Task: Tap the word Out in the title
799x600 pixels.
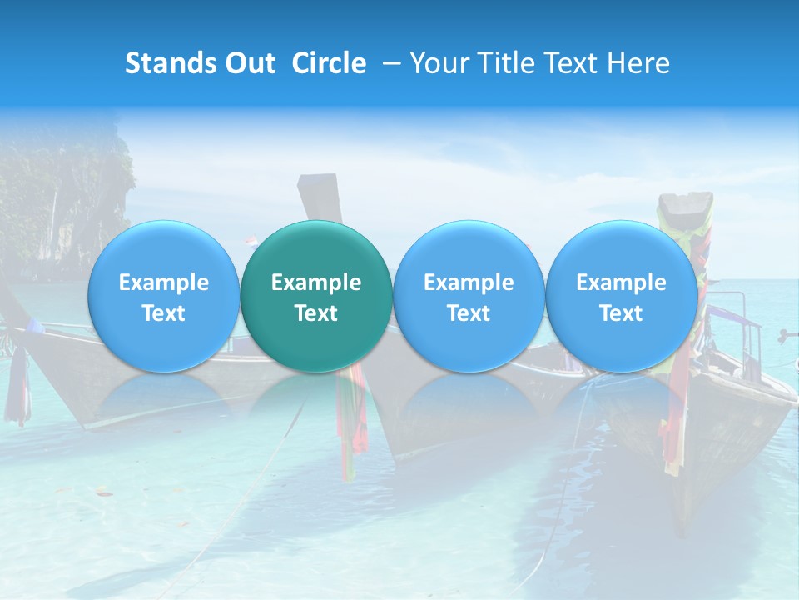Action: tap(248, 63)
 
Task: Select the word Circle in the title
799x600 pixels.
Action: tap(329, 63)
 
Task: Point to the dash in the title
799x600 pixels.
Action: tap(388, 63)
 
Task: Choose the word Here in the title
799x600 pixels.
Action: tap(639, 63)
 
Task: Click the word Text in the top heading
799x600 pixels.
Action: tap(575, 63)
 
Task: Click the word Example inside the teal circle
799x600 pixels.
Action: tap(316, 282)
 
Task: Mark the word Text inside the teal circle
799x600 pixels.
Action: tap(316, 313)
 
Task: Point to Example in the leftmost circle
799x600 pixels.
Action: tap(164, 282)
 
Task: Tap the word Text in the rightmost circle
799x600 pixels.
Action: tap(621, 313)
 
